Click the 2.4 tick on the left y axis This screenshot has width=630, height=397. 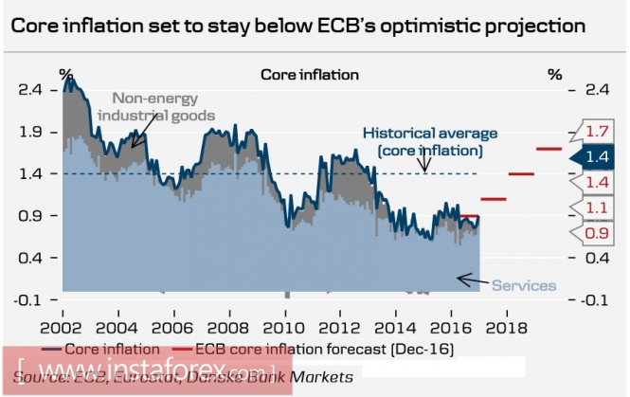31,90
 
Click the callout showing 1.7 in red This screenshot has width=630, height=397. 596,131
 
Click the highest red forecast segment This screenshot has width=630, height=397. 549,149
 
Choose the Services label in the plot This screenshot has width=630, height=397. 524,285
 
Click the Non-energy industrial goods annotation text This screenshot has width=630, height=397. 163,106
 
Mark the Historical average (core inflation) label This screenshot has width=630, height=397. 430,142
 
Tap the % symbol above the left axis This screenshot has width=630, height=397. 65,73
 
